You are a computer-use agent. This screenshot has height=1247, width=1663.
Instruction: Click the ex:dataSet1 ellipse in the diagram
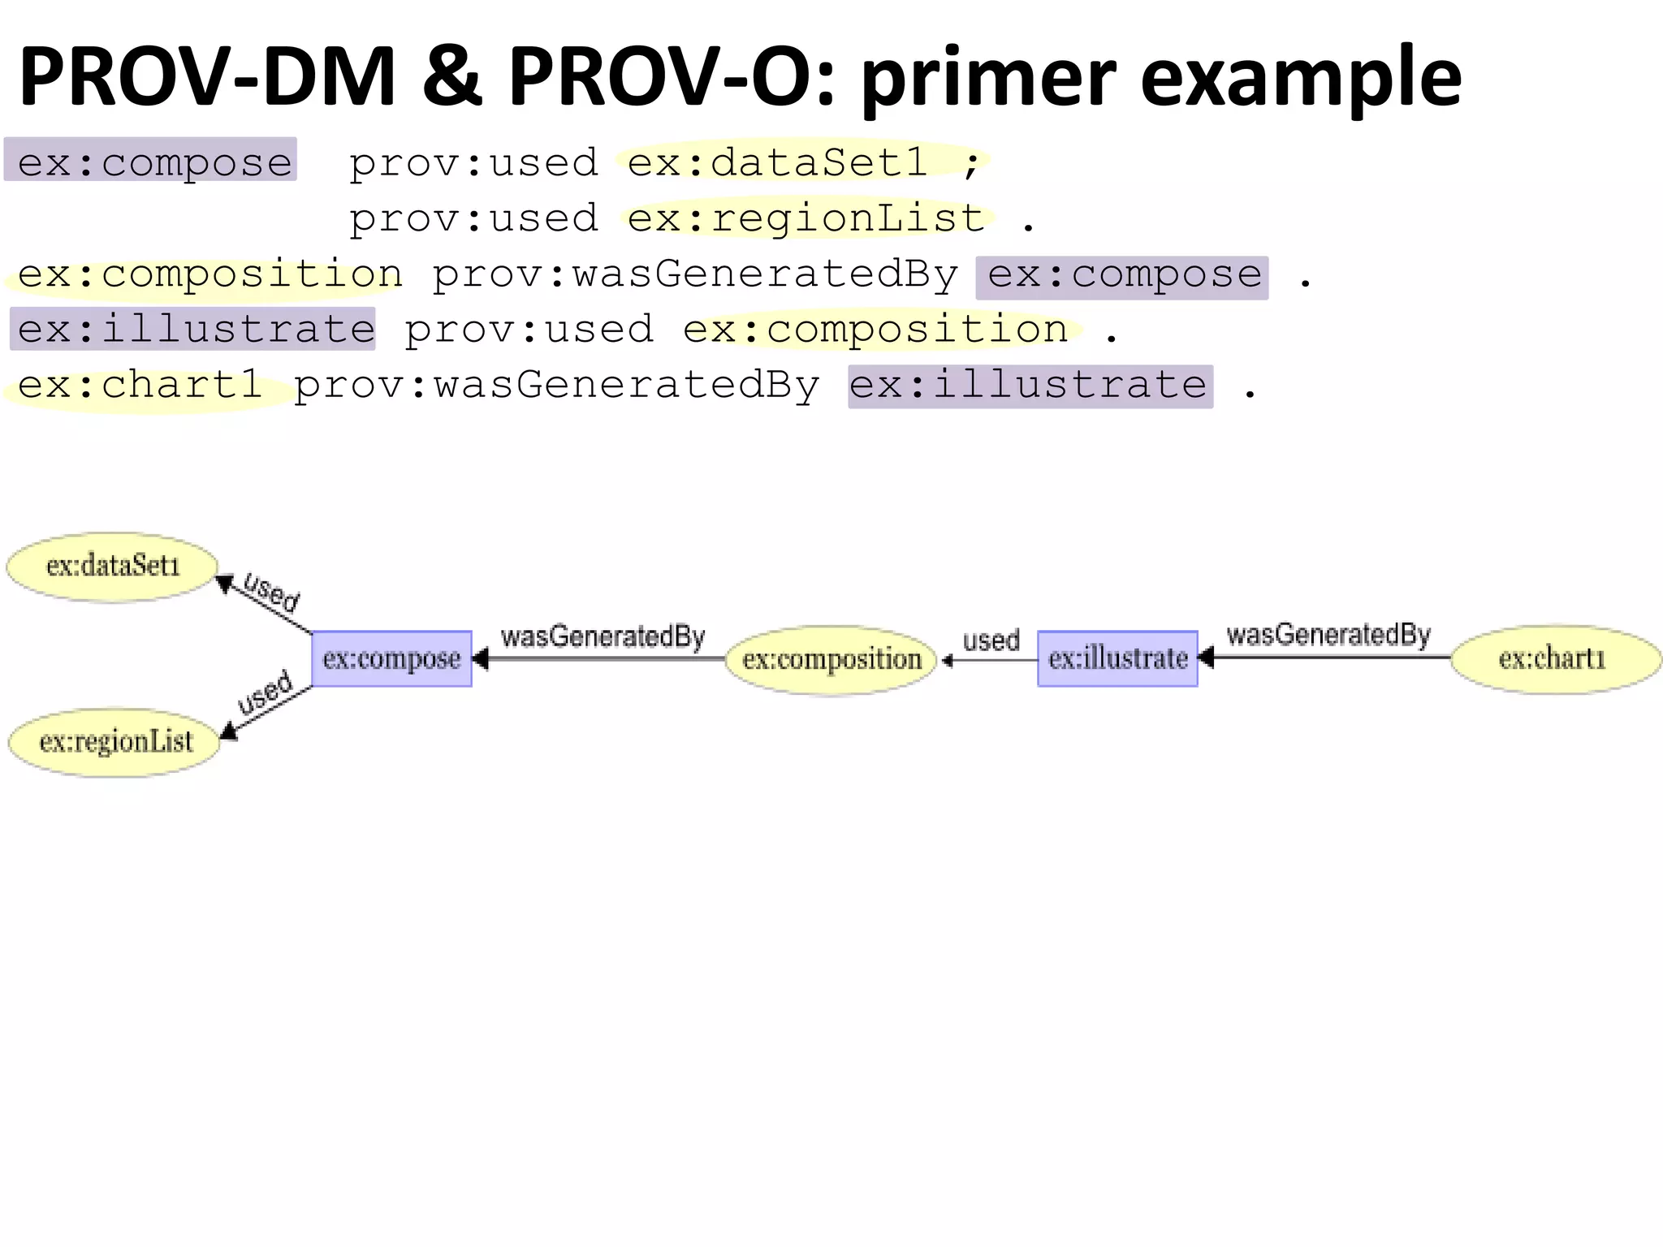click(x=112, y=567)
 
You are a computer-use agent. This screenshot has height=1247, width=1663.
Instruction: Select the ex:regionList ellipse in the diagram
click(x=114, y=742)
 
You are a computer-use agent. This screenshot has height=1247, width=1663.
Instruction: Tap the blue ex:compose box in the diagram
click(x=391, y=658)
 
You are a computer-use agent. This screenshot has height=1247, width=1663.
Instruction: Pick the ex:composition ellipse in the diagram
click(x=831, y=659)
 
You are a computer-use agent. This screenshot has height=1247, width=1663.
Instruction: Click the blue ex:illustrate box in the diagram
click(x=1117, y=658)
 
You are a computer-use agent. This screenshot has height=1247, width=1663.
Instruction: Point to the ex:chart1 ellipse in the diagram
click(x=1553, y=658)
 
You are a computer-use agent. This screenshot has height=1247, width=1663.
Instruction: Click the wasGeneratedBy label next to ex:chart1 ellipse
click(x=1328, y=635)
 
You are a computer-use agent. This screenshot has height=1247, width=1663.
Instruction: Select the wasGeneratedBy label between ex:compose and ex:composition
click(x=603, y=636)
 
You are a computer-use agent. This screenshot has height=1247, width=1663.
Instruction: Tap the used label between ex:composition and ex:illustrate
click(x=991, y=641)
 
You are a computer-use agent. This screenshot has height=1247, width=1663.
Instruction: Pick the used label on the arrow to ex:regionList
click(x=265, y=693)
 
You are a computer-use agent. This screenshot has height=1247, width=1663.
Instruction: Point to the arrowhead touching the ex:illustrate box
click(x=1206, y=658)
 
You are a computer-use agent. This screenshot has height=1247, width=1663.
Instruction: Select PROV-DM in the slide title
click(x=207, y=77)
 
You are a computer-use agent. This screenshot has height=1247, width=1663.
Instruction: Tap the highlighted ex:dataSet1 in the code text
click(x=777, y=162)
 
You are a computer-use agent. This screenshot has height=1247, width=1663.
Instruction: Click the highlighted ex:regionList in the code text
click(x=806, y=218)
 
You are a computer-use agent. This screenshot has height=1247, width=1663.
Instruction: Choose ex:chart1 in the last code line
click(x=140, y=385)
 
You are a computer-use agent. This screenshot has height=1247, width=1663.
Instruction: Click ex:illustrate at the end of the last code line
click(x=1029, y=385)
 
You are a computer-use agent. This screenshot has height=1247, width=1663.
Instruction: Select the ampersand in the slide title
click(x=452, y=77)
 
